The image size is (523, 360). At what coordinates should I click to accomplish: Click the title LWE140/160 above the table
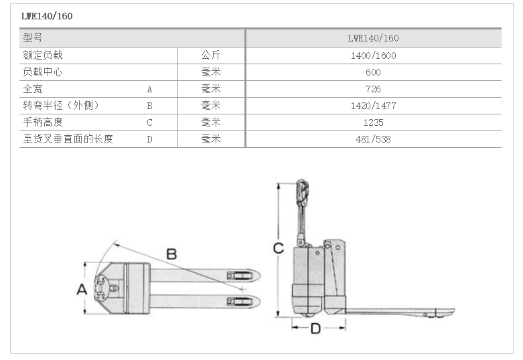click(x=47, y=16)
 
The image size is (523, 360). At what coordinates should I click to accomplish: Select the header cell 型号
click(x=33, y=38)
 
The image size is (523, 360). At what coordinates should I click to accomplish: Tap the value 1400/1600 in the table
click(x=373, y=56)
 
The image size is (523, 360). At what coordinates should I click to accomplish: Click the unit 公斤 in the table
click(x=211, y=56)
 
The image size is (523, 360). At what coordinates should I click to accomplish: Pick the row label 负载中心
click(x=43, y=72)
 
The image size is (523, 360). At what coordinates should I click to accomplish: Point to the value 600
click(x=373, y=72)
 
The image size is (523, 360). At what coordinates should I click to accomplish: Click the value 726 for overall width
click(x=373, y=89)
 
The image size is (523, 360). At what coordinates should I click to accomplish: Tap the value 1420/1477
click(x=373, y=106)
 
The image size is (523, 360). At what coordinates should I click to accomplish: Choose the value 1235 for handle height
click(x=373, y=122)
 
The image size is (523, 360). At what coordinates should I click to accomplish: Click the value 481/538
click(x=373, y=139)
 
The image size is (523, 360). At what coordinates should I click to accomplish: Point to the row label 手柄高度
click(x=43, y=122)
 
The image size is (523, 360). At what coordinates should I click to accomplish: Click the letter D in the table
click(x=150, y=139)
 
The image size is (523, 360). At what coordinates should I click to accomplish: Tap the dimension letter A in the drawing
click(x=82, y=290)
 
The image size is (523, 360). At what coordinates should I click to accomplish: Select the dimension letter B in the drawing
click(x=171, y=254)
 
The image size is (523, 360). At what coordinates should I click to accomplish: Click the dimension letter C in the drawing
click(x=279, y=248)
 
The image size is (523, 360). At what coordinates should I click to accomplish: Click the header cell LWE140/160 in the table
click(x=373, y=38)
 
